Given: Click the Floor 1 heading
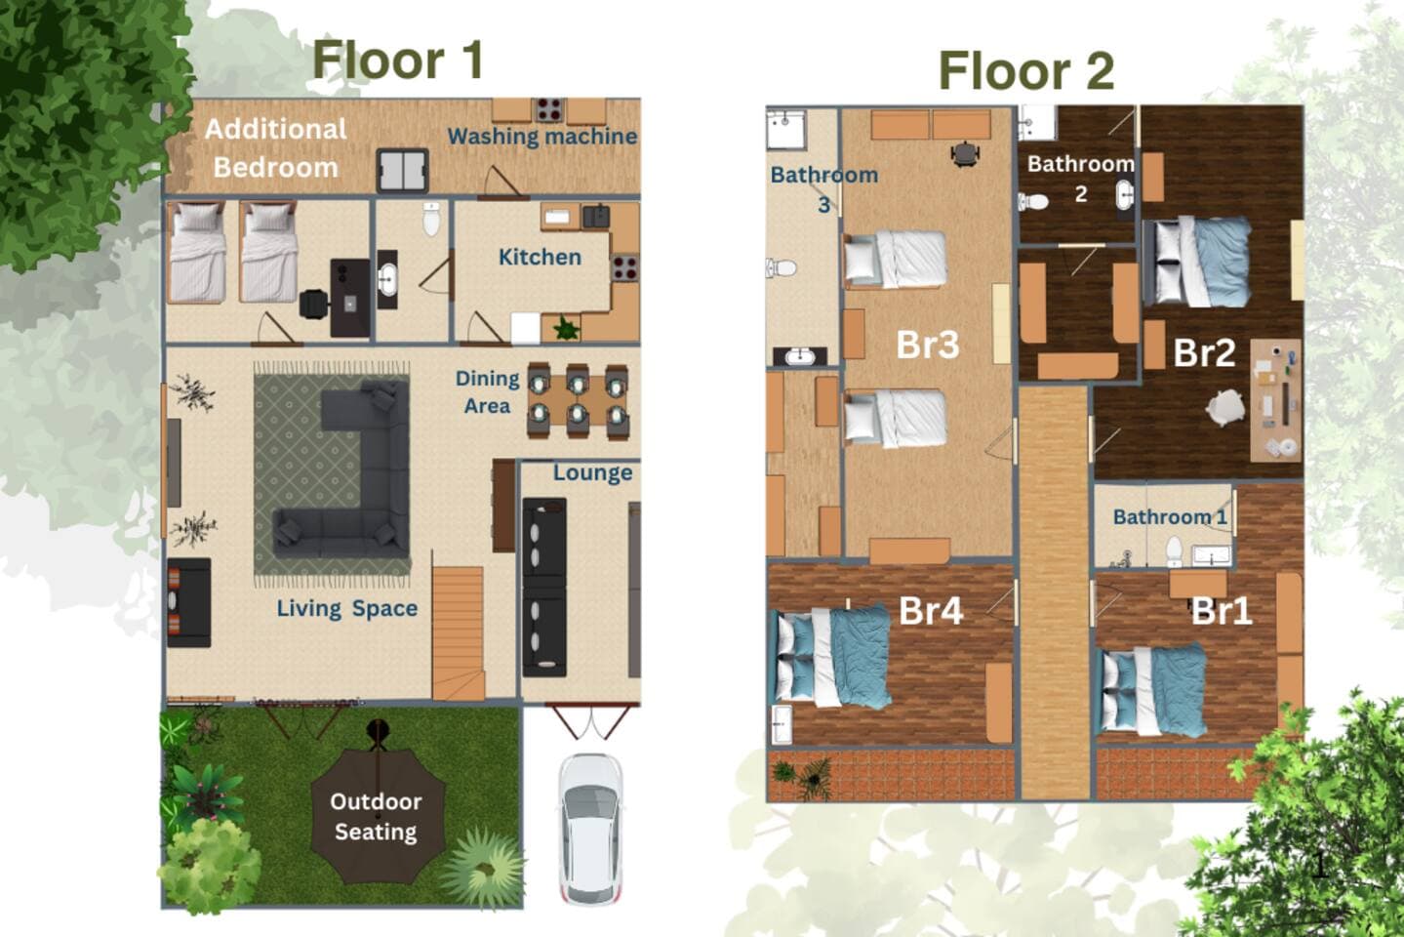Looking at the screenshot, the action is click(398, 61).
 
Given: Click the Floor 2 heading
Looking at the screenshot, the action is click(1026, 71).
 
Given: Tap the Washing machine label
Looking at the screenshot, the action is click(542, 137).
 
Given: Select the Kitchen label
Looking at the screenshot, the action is click(540, 257).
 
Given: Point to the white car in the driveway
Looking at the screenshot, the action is click(590, 829).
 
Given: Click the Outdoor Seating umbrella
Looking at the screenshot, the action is click(378, 815).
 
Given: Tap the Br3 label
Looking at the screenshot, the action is click(928, 345).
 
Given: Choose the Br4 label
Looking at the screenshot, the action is click(931, 610).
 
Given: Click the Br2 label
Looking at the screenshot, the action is click(1204, 352).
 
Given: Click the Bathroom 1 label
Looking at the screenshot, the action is click(1170, 516).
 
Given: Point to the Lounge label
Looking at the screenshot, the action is click(592, 472).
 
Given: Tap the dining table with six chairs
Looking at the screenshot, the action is click(578, 401).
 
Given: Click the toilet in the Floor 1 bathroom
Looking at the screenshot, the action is click(431, 220).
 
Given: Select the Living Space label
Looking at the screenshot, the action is click(347, 608).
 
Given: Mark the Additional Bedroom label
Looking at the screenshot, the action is click(276, 148).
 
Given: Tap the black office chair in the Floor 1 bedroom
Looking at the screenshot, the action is click(313, 305).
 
